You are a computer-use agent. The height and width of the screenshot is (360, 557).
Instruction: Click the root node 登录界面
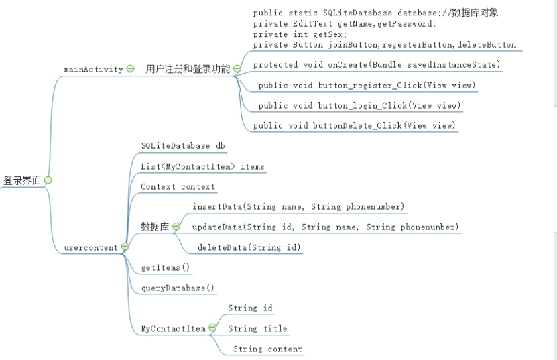coord(22,180)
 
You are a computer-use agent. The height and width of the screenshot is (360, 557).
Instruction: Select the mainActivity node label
coord(93,69)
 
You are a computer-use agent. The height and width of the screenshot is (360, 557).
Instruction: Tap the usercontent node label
coord(90,247)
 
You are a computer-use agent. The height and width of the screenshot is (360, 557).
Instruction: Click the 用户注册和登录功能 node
coord(188,69)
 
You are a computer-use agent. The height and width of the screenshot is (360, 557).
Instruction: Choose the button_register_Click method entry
coord(367,86)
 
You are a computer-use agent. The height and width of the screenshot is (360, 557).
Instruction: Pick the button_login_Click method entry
coord(359,106)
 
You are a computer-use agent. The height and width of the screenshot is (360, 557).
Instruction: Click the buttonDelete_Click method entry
coord(354,126)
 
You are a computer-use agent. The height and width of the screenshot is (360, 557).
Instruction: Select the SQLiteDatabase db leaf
coord(183,145)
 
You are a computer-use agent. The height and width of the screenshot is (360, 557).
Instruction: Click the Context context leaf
coord(178,187)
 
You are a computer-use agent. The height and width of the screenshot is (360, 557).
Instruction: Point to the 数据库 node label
coord(155,227)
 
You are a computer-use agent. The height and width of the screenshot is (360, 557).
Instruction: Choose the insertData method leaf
coord(298,207)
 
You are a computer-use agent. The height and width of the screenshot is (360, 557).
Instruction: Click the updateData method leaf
coord(325,227)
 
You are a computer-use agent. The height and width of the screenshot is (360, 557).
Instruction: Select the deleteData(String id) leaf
coord(249,248)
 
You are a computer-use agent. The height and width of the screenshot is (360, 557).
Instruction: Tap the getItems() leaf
coord(165,268)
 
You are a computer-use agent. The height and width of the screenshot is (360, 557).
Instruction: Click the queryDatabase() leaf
coord(178,288)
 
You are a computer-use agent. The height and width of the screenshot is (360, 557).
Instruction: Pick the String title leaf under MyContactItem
coord(257,328)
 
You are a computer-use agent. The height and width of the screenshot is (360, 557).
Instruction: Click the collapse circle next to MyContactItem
coord(212,328)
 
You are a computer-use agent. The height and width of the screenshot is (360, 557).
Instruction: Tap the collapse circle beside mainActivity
coord(130,69)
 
